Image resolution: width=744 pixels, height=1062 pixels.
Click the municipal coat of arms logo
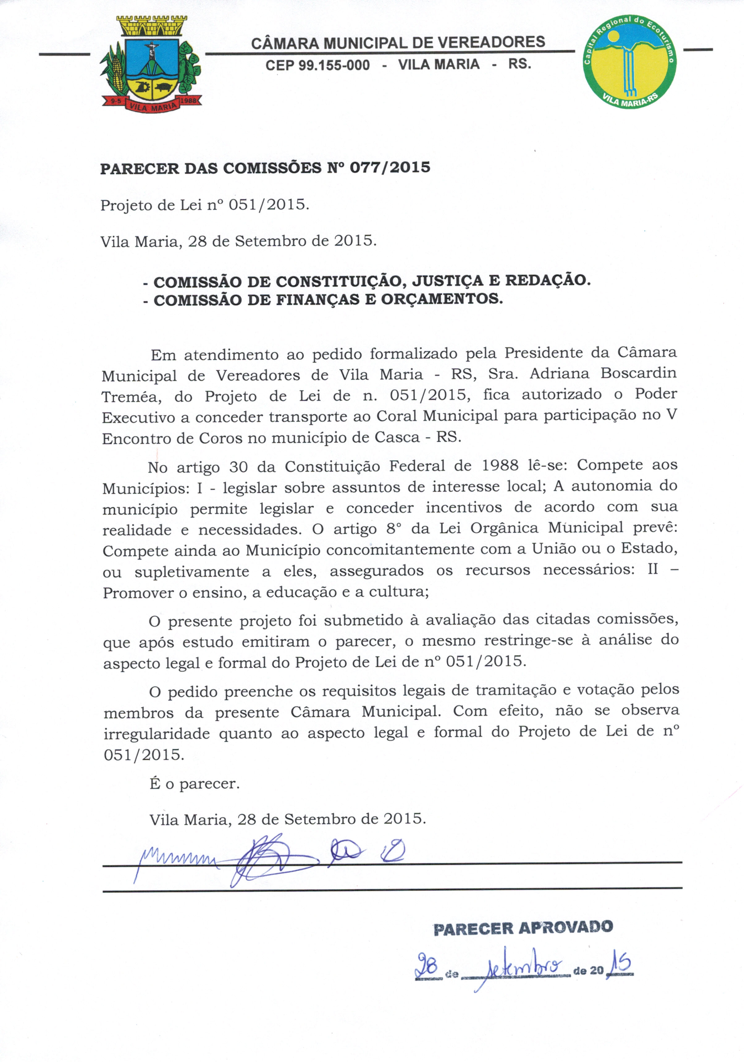click(x=151, y=63)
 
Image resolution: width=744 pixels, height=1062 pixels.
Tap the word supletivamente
click(x=191, y=572)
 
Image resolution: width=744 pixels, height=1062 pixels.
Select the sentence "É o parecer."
click(x=195, y=784)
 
